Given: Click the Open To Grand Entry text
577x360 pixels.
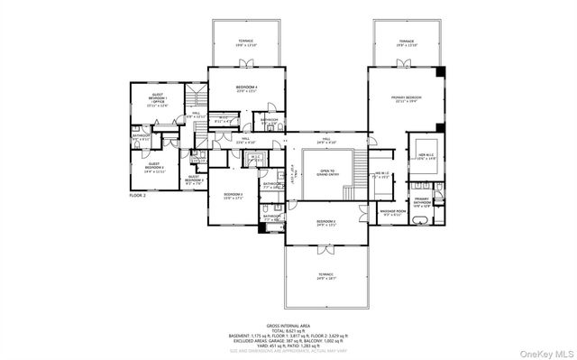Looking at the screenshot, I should [325, 173].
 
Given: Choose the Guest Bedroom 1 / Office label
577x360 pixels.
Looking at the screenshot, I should [158, 100].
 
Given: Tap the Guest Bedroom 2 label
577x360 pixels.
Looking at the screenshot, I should [154, 166].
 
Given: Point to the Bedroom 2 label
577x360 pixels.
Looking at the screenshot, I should [325, 222].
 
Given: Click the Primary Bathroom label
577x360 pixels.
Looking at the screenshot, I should [423, 202].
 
